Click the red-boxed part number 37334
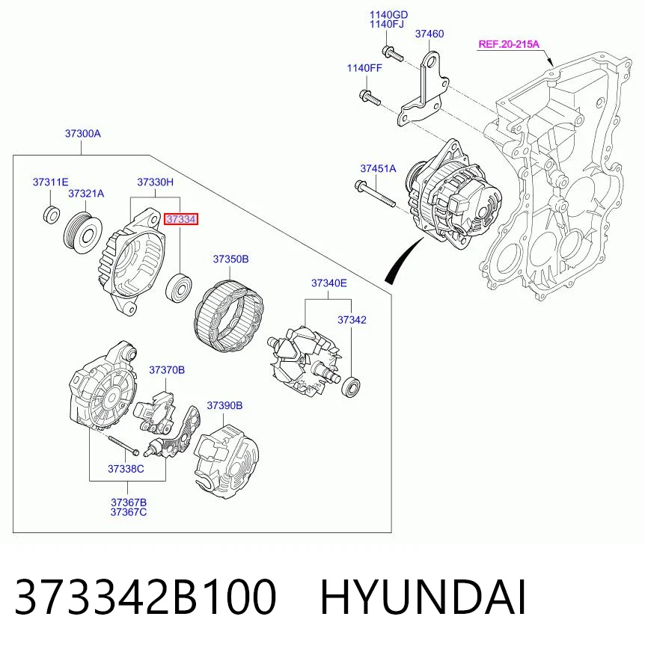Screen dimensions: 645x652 181,219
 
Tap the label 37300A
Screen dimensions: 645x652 83,134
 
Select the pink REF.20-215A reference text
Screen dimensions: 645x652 509,44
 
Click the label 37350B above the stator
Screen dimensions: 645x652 231,259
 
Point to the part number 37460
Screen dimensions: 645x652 430,34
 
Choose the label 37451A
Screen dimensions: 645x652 379,168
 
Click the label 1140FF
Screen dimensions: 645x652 364,68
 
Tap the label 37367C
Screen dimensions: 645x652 129,512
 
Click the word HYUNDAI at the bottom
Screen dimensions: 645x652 423,597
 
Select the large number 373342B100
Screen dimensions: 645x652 146,597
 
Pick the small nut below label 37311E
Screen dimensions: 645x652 51,214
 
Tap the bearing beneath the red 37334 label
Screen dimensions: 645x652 179,287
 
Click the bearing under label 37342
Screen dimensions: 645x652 351,387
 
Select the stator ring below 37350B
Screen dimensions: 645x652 229,316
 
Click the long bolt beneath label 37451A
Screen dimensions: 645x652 376,194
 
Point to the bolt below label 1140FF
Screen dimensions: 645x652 370,98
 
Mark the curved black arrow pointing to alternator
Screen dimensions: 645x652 402,261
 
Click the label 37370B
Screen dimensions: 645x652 167,369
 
